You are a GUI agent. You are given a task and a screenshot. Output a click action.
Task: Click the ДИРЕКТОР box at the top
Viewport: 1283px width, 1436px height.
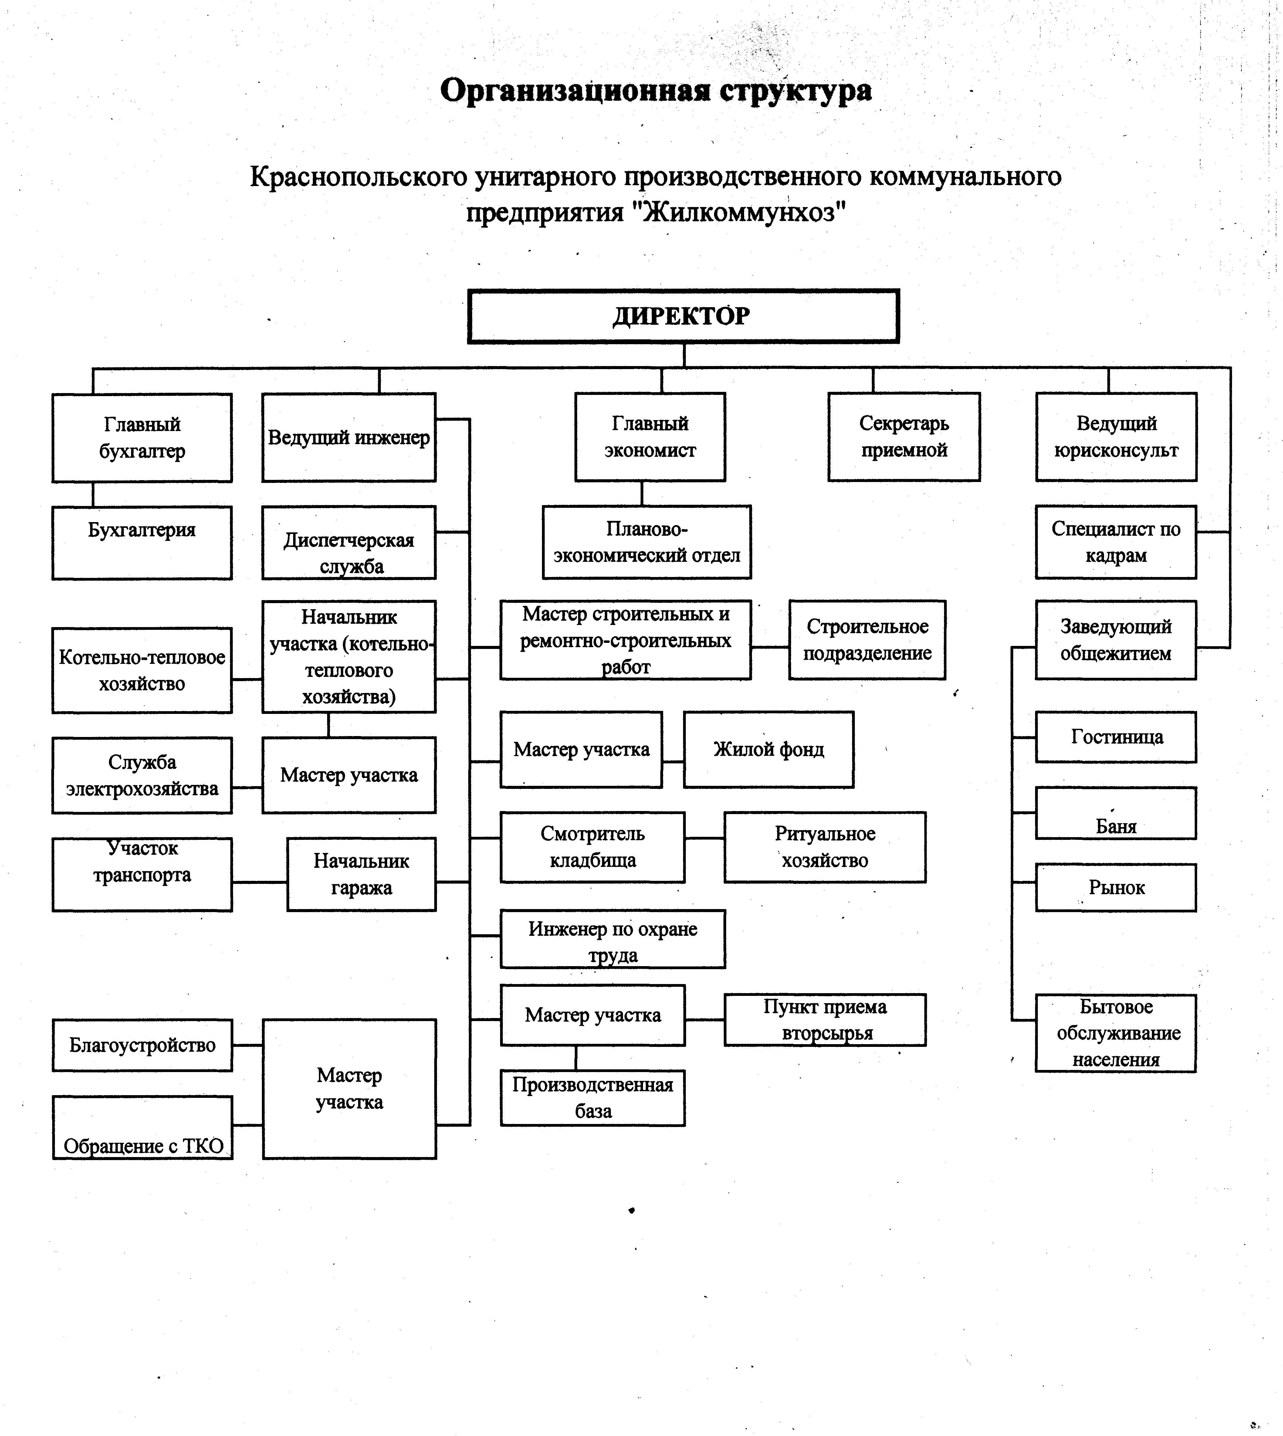(683, 316)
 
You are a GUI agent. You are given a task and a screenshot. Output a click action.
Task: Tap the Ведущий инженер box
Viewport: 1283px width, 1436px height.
(349, 437)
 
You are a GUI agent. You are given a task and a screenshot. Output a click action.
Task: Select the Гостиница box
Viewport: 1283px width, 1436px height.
(1116, 737)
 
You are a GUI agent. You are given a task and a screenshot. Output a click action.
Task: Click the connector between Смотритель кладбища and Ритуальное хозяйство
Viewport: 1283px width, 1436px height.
(704, 838)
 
